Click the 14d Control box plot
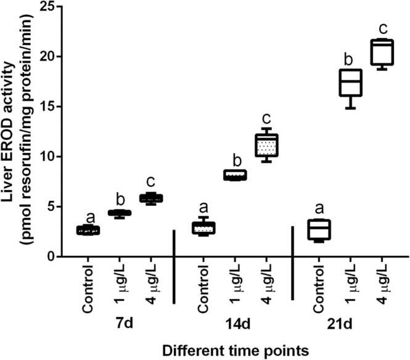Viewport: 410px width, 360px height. (203, 227)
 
